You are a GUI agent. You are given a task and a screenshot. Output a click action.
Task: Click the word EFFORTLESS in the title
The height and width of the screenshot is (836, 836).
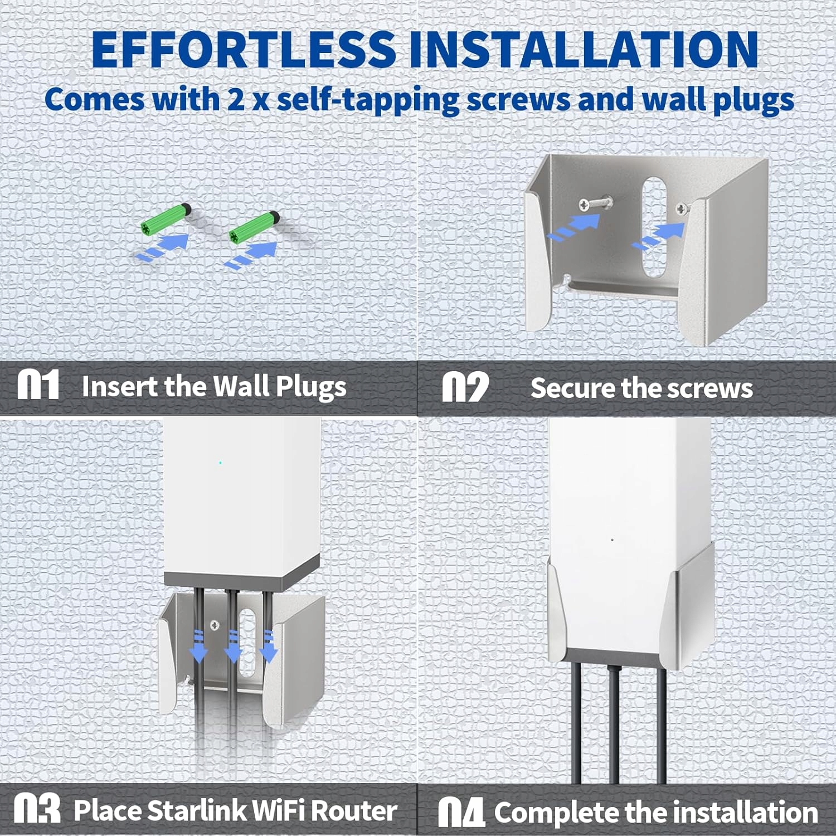[x=244, y=49]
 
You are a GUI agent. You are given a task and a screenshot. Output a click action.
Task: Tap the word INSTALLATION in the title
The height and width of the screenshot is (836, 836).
[x=584, y=49]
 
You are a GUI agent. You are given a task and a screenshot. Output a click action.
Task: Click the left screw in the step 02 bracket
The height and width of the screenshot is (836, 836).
[x=595, y=204]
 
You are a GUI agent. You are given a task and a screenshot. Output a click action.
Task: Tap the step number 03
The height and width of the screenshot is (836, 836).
[x=37, y=809]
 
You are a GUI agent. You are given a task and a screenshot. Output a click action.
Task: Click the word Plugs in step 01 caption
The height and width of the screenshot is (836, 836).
[x=311, y=387]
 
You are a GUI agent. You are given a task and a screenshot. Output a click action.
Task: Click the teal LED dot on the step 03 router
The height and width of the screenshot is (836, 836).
[x=221, y=463]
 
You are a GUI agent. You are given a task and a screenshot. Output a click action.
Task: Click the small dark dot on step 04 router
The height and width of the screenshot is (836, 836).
[x=613, y=539]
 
